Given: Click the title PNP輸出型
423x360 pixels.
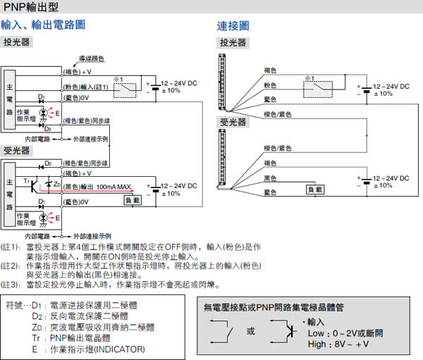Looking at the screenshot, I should [32, 8].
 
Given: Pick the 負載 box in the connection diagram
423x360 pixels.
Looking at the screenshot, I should [315, 189].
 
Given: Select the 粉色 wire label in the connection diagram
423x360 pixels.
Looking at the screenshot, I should [270, 85].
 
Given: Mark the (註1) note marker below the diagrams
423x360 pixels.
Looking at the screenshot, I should [11, 247].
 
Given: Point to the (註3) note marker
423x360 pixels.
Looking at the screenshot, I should [11, 285].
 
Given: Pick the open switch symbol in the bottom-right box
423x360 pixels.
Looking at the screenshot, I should [224, 330].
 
